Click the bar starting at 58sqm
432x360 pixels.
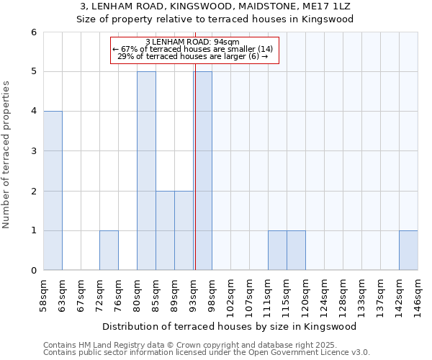(x=53, y=191)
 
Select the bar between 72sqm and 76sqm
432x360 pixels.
(x=109, y=251)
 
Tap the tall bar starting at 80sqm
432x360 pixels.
(x=146, y=171)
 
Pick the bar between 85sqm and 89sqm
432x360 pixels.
(x=165, y=230)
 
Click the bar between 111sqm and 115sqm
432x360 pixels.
(x=277, y=251)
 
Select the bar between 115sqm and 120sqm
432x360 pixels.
(x=296, y=251)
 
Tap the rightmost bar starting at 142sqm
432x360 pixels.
(x=408, y=251)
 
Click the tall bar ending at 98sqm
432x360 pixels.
(x=203, y=171)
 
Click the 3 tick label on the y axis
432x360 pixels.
(x=34, y=151)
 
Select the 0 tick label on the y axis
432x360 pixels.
(x=34, y=271)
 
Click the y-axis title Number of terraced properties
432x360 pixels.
(x=7, y=155)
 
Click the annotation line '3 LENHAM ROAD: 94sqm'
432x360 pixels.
(x=193, y=42)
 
